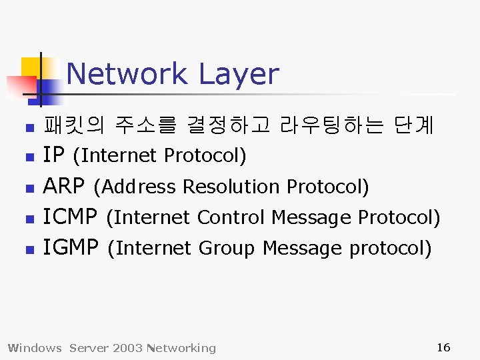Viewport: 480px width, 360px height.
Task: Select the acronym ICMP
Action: pos(71,217)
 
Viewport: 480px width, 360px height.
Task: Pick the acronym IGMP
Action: pos(71,248)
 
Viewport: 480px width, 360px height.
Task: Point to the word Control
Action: pos(231,218)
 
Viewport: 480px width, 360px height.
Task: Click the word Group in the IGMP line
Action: pos(227,249)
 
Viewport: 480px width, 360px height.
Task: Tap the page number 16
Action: pos(443,347)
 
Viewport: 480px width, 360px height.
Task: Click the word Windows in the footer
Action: pos(34,348)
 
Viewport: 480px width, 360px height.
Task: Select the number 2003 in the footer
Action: pos(132,348)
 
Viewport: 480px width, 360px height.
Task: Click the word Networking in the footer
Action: pos(183,348)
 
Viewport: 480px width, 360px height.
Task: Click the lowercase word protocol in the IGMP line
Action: pos(390,249)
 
